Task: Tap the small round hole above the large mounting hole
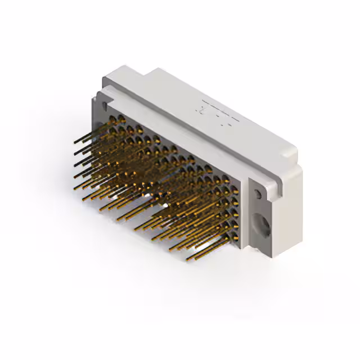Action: point(258,194)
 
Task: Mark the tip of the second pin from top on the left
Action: point(74,152)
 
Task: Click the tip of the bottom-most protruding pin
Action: point(188,259)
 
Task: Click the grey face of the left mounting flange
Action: point(98,112)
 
